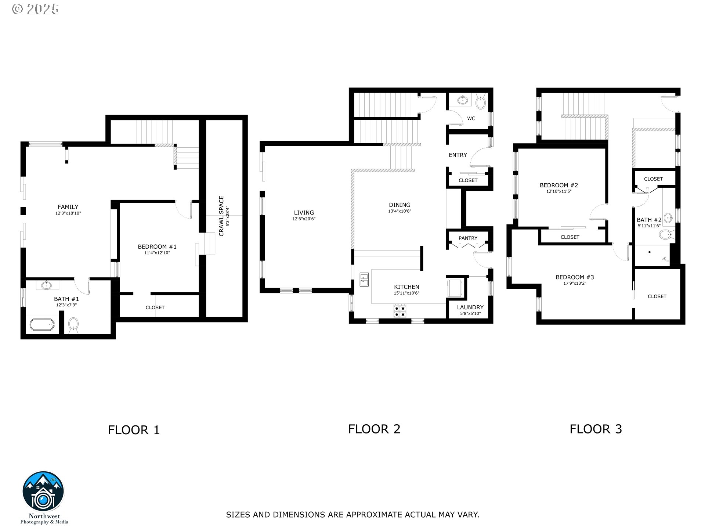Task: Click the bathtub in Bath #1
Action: point(42,325)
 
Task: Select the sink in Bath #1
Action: point(46,285)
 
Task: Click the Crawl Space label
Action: point(221,216)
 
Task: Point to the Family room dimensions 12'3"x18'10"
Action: point(68,213)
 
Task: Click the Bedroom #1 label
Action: point(157,246)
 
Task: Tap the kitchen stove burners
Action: point(400,311)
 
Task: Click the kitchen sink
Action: point(364,280)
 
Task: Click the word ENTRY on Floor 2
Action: point(458,155)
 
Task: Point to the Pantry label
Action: point(468,238)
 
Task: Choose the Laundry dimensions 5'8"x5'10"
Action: point(470,314)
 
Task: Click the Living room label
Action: point(304,213)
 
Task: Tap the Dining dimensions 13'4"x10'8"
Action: point(399,211)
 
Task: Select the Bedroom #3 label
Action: point(575,277)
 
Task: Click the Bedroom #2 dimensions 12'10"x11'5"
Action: point(559,191)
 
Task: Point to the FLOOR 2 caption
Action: point(374,429)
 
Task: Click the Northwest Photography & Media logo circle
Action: point(43,492)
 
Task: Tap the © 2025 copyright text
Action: point(35,9)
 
